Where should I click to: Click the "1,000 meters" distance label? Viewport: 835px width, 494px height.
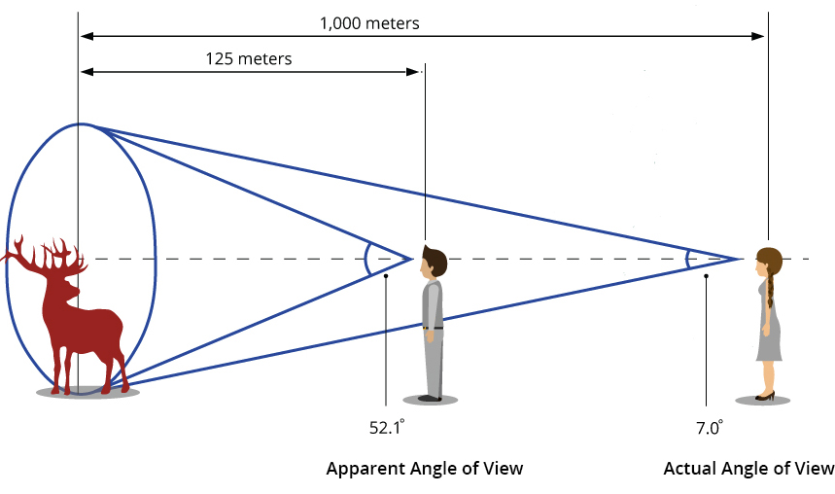pos(370,22)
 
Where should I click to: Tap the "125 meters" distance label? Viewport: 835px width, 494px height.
pos(248,58)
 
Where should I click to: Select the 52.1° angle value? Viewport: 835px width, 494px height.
pos(386,426)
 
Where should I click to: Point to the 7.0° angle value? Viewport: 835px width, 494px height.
pos(709,426)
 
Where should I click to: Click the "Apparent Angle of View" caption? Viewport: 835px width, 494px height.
pos(424,469)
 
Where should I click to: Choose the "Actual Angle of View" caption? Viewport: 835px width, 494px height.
pos(748,469)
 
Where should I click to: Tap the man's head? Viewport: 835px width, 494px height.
pos(434,262)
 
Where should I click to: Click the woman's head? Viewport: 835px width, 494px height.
pos(769,262)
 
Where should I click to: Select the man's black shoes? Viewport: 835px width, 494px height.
pos(431,398)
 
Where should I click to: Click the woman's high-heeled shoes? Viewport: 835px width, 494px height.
pos(766,396)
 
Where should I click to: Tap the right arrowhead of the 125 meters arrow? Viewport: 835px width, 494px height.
pos(416,72)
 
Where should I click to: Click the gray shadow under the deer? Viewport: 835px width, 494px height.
pos(87,393)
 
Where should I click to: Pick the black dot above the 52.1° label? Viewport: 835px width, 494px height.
pos(386,276)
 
